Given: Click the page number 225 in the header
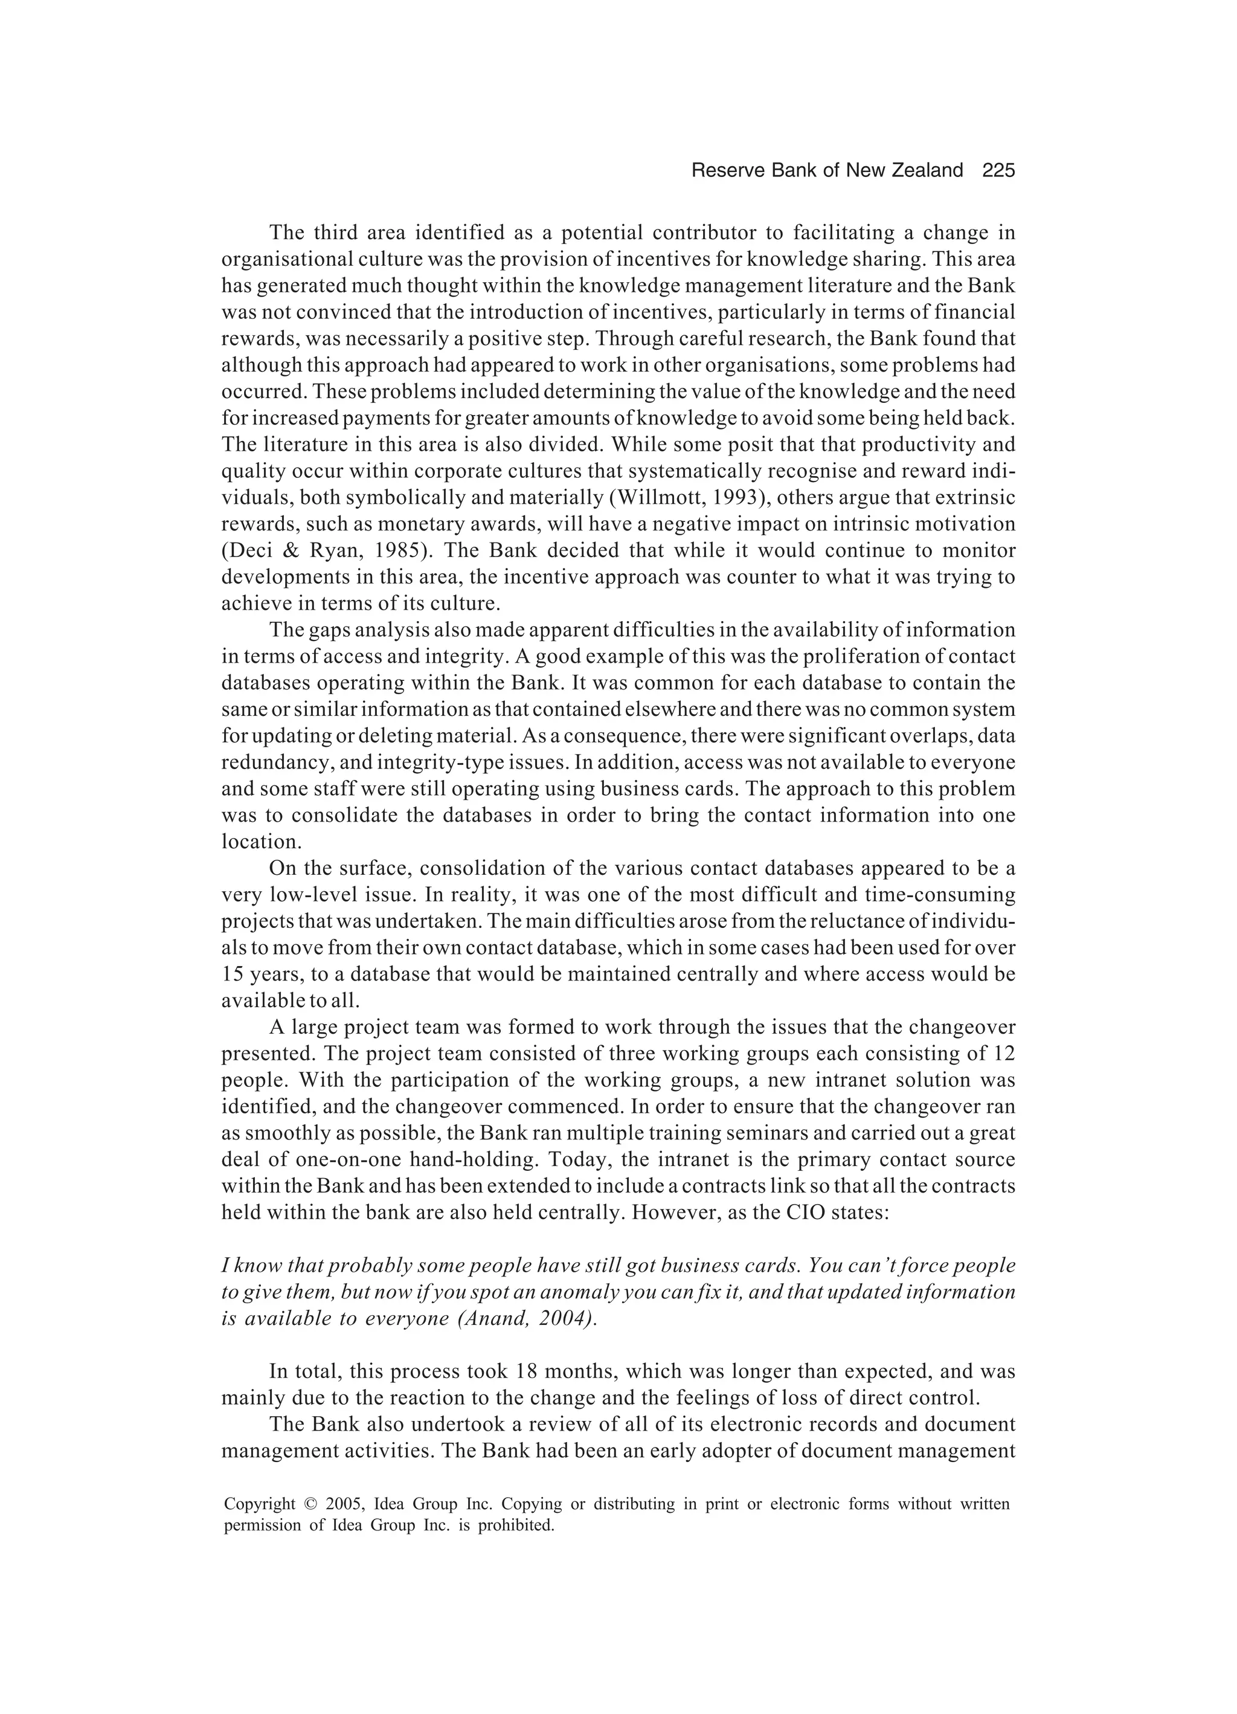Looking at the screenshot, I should click(x=998, y=171).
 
